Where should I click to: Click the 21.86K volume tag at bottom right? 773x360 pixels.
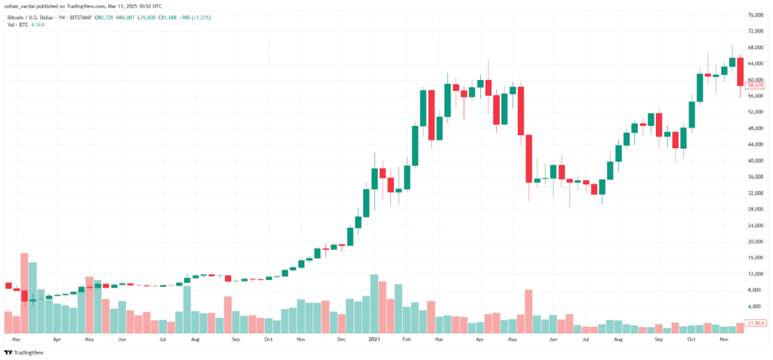pos(755,323)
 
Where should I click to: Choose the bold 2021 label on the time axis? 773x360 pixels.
pos(373,340)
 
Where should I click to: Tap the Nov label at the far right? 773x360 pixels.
pos(723,340)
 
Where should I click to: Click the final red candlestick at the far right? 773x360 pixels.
pos(741,71)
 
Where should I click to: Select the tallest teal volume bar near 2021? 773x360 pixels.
pos(374,303)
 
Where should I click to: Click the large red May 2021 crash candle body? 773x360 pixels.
pos(530,158)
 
